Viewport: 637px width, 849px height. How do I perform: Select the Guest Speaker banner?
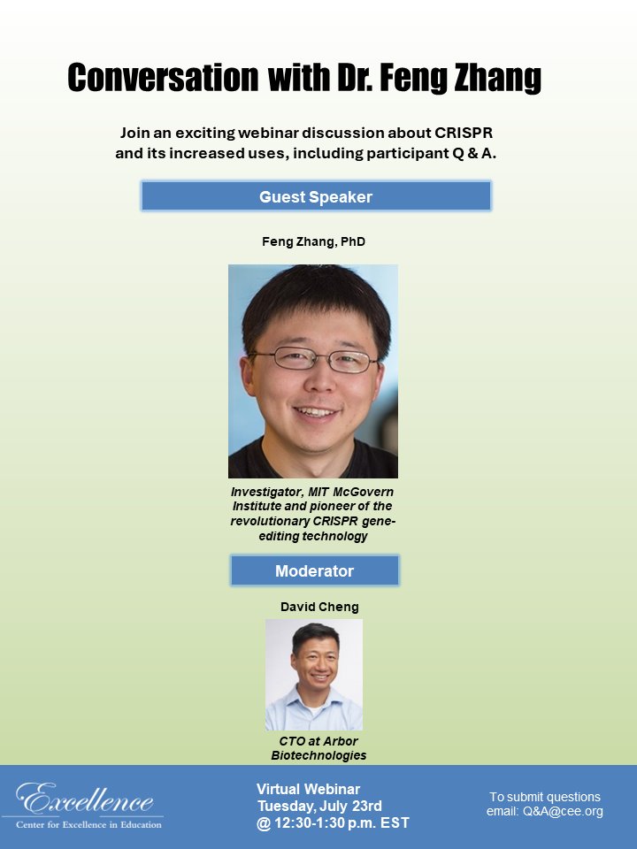pos(316,196)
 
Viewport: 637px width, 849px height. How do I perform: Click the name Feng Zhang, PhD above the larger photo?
pos(313,241)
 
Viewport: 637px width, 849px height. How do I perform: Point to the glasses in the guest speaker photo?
pos(311,359)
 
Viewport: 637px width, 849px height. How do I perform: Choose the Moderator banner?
pos(314,570)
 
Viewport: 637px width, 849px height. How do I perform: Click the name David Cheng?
pos(319,608)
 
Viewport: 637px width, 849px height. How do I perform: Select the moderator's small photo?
pos(314,674)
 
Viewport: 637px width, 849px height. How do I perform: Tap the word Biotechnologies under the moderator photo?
pos(318,755)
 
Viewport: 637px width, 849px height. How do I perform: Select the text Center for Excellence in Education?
pos(88,825)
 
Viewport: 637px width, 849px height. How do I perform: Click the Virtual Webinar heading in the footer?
pos(308,789)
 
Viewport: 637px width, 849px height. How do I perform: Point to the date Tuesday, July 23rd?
pos(319,806)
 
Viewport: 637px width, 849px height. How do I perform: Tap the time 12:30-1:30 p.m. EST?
pos(341,822)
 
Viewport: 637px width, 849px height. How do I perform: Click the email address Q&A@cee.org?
pos(562,812)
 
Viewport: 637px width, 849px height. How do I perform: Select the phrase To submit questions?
pos(545,797)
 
